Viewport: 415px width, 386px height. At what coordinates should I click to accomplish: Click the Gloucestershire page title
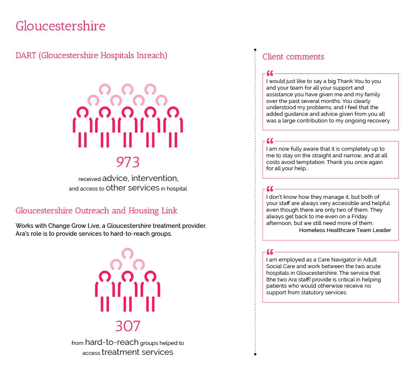pos(61,26)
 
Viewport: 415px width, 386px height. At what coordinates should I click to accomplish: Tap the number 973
pos(127,162)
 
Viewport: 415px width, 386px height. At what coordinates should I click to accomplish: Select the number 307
pos(127,326)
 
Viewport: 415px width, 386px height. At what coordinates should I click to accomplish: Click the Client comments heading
pos(293,57)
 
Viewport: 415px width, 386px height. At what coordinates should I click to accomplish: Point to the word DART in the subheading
pos(26,56)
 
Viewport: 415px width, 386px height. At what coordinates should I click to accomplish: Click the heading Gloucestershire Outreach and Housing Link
pos(96,211)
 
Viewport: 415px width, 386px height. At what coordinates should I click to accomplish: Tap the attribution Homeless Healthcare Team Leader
pos(345,230)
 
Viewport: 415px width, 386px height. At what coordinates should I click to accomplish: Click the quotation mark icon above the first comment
pos(270,73)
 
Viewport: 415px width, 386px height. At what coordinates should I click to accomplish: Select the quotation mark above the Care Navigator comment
pos(270,252)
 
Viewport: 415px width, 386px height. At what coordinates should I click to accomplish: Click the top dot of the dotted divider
pos(255,50)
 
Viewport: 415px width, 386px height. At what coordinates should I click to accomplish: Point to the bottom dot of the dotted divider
pos(255,354)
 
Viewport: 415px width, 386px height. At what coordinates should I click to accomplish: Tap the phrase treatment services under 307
pos(137,352)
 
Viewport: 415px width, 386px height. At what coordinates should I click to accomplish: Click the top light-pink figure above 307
pos(127,254)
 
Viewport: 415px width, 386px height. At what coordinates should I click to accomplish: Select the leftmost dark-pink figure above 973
pos(83,127)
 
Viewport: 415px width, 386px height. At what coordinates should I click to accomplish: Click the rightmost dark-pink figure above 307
pos(150,291)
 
